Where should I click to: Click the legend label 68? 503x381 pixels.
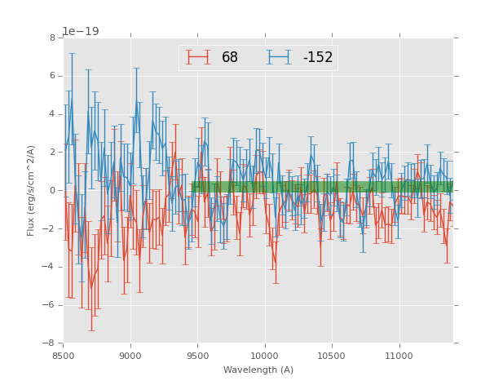click(x=229, y=58)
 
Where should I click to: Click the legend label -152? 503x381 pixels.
click(x=317, y=58)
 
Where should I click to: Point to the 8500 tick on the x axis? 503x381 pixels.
click(x=64, y=356)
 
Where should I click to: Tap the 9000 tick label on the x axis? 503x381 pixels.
click(x=130, y=356)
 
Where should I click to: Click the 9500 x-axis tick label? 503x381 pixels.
click(x=197, y=356)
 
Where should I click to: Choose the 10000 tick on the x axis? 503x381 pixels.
click(x=265, y=356)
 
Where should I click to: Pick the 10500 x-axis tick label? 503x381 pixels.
click(x=332, y=356)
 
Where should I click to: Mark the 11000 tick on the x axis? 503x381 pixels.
click(x=399, y=356)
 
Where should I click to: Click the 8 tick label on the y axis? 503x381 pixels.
click(x=52, y=38)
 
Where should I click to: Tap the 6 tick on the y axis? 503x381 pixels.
click(x=52, y=76)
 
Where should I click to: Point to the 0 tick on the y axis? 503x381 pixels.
click(x=52, y=191)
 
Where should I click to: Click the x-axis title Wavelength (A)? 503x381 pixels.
click(x=258, y=370)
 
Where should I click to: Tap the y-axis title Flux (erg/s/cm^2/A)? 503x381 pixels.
click(x=31, y=190)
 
